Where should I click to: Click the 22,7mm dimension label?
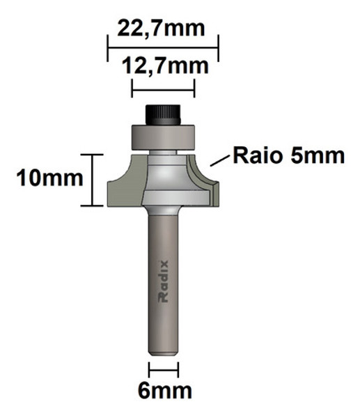click(162, 29)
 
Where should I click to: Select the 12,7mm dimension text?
click(164, 68)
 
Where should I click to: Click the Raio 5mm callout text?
click(288, 155)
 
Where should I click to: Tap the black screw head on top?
click(163, 112)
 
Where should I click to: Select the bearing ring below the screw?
click(163, 135)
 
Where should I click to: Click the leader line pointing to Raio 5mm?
click(219, 161)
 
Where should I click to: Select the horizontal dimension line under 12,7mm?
click(163, 88)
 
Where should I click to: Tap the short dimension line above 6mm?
click(164, 369)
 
